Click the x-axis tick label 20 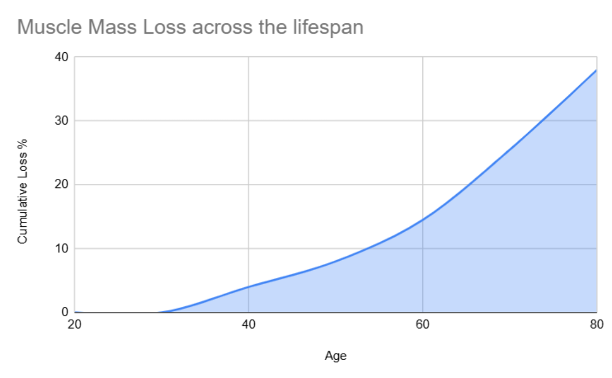point(75,325)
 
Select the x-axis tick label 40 point(249,325)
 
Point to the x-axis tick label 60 point(423,325)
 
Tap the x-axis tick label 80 point(596,325)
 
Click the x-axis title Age point(335,356)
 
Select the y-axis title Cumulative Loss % point(22,198)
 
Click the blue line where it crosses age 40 point(249,287)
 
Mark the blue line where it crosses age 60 point(423,220)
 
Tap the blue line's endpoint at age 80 point(596,70)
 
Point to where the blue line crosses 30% point(542,121)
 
